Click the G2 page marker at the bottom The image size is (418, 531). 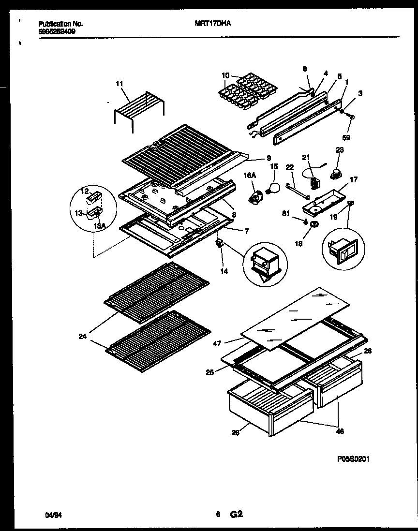(x=236, y=515)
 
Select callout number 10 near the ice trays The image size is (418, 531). (x=225, y=75)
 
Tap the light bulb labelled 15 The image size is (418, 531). (x=274, y=188)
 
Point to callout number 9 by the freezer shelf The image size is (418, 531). (x=268, y=158)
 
